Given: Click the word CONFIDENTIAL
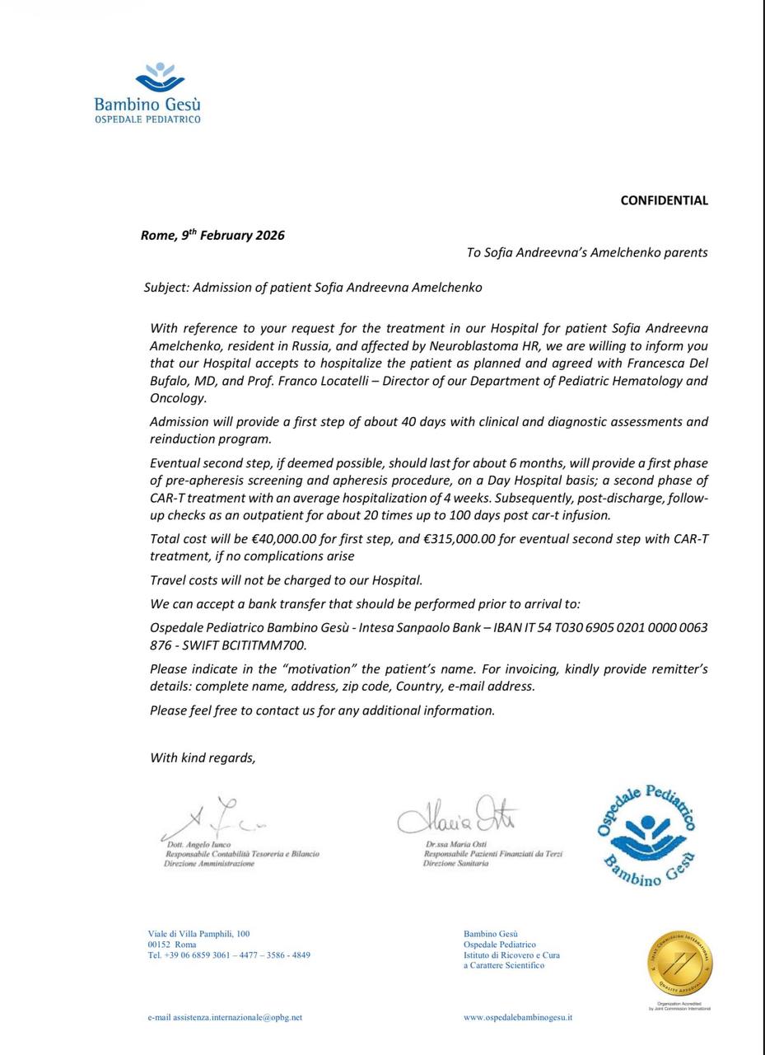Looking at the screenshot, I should [664, 200].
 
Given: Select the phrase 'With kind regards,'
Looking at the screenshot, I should [203, 757].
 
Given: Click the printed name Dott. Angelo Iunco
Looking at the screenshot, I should [198, 846].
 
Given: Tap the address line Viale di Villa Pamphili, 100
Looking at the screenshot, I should [198, 934].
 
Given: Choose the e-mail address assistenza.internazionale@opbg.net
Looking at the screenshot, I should [225, 1017].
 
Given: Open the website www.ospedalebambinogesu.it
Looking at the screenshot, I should [518, 1017].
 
